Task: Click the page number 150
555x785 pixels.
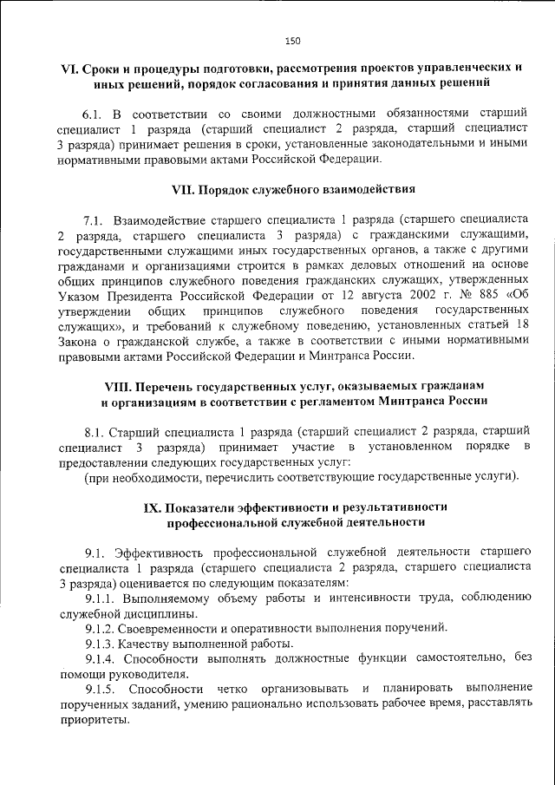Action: [292, 40]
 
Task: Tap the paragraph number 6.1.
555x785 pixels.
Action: [93, 114]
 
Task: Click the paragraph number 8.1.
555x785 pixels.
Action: [94, 431]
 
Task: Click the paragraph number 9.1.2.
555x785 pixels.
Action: [100, 626]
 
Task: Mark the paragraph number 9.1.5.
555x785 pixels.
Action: [100, 690]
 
